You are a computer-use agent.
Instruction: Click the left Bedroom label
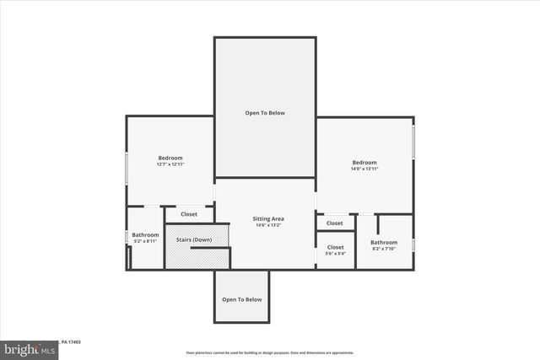[x=170, y=158]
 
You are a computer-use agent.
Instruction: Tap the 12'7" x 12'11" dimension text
[x=170, y=164]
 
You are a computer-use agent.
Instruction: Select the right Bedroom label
[x=364, y=162]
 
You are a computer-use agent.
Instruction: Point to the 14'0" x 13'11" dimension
[x=364, y=169]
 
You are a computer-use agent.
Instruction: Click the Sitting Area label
[x=266, y=219]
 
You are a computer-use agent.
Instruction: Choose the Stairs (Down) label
[x=194, y=240]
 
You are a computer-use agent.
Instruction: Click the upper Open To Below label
[x=265, y=113]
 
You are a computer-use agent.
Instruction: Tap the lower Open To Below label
[x=242, y=299]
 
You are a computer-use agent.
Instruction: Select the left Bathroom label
[x=145, y=234]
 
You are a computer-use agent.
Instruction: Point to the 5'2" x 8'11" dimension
[x=145, y=242]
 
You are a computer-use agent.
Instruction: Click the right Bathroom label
[x=384, y=243]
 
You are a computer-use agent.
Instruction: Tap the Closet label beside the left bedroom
[x=189, y=214]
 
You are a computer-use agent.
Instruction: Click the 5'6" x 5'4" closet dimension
[x=335, y=254]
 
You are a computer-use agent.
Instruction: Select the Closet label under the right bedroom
[x=335, y=223]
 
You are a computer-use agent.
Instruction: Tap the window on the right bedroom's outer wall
[x=413, y=140]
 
